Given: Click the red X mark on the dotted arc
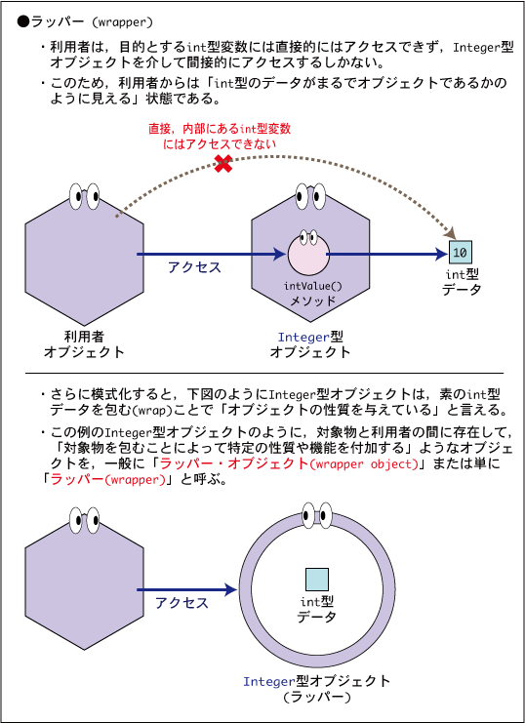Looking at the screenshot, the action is coord(223,164).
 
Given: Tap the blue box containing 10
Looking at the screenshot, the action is coord(460,252).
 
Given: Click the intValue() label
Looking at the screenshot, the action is coord(313,286).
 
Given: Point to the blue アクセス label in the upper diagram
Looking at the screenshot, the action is coord(194,267).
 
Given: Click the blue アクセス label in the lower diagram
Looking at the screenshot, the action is coord(182,603).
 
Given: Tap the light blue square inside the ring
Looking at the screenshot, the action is coord(317,580).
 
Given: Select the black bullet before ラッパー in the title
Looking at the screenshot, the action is coord(23,21).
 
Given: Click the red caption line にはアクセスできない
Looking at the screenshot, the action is coord(220,143).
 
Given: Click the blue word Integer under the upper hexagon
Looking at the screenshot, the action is coord(303,338).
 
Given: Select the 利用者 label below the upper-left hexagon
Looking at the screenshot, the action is coord(84,337).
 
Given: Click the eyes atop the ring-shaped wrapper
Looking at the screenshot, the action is coord(317,515).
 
